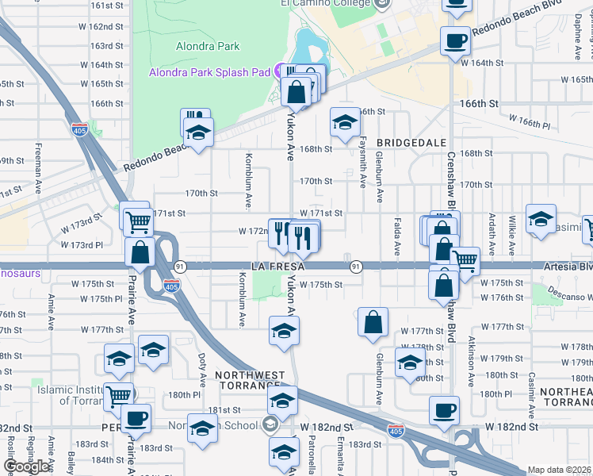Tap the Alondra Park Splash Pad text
click(210, 72)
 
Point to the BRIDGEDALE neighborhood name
click(407, 142)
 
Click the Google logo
click(26, 466)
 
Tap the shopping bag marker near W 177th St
click(373, 321)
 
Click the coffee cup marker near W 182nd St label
click(445, 410)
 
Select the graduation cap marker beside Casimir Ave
click(541, 219)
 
